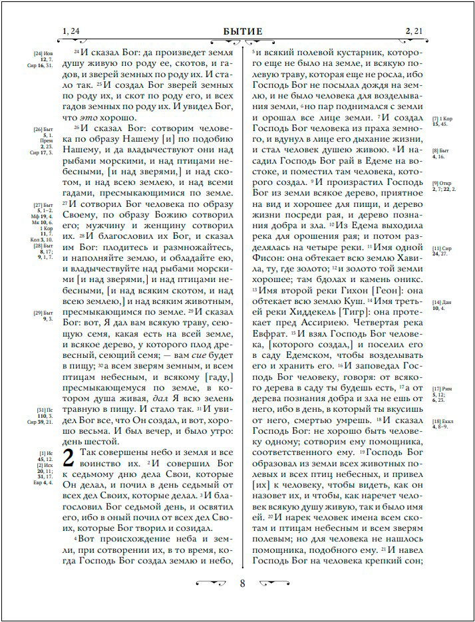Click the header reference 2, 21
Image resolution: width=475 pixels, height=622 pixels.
tap(412, 31)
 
